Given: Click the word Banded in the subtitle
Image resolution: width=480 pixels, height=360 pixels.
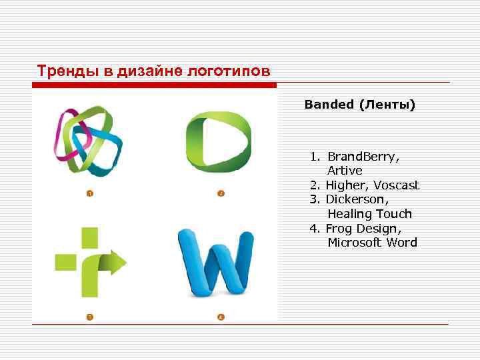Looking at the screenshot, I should (x=330, y=105).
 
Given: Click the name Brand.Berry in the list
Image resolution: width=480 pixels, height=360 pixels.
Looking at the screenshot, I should (x=363, y=157).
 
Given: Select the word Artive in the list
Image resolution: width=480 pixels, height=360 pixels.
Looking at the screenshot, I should (x=345, y=171).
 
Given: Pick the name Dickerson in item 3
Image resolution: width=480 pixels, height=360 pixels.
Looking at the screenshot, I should (x=357, y=199).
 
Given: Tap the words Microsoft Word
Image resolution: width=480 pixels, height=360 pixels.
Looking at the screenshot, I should (x=372, y=243).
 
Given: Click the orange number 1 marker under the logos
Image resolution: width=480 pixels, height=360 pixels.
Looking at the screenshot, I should (x=89, y=193).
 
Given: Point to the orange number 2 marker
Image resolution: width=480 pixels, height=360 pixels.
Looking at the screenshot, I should (x=221, y=193).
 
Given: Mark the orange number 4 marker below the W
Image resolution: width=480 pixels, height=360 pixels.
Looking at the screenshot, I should (x=221, y=316).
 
